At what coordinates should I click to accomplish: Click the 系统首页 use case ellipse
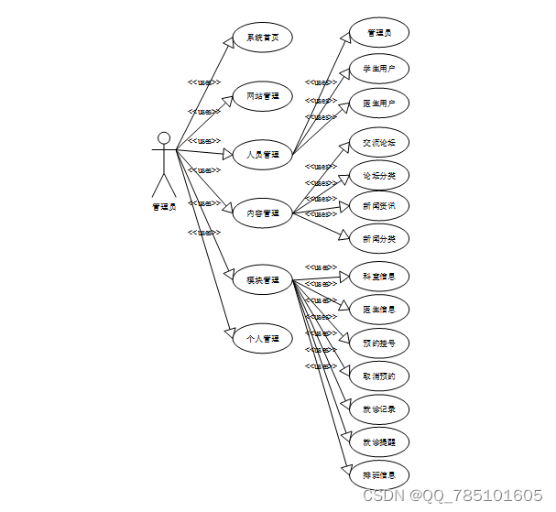(262, 38)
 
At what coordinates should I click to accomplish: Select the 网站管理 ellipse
(262, 96)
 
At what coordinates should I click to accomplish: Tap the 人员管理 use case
(262, 155)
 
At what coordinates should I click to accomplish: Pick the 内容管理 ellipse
(262, 213)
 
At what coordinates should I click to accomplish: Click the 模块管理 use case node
(262, 279)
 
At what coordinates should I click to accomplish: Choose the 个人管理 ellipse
(262, 339)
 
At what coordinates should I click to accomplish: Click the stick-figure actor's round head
(164, 138)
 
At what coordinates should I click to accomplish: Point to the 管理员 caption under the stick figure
(164, 206)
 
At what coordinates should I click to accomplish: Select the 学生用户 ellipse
(379, 69)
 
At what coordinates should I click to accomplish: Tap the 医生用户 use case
(379, 104)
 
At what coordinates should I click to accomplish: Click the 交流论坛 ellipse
(379, 142)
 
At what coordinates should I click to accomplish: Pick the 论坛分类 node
(379, 175)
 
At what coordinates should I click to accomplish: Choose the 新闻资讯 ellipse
(379, 206)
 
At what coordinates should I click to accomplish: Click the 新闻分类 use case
(379, 239)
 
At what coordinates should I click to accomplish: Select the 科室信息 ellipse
(379, 277)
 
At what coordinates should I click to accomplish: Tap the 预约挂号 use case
(379, 343)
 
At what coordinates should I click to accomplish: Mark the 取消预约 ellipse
(379, 376)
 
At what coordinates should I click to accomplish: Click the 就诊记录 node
(379, 409)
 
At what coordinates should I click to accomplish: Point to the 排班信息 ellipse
(379, 474)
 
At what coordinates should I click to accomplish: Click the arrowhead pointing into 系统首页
(229, 42)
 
